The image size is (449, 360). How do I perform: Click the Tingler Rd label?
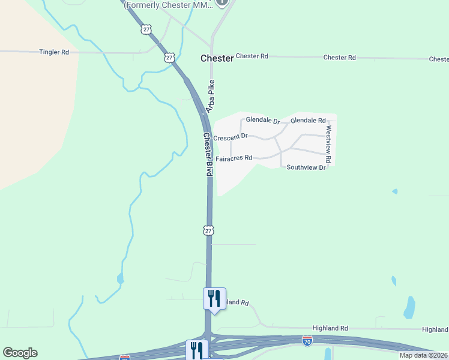point(54,52)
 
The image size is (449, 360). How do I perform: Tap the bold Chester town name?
point(216,58)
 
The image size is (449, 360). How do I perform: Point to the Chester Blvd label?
point(208,154)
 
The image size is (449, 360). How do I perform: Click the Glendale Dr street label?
point(263,121)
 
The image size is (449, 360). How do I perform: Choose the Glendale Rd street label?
point(308,121)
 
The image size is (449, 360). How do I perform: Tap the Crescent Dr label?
point(231,137)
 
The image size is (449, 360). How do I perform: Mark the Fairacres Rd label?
point(234,158)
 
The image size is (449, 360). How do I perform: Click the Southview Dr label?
point(306,167)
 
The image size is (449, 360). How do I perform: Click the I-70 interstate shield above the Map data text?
point(307,340)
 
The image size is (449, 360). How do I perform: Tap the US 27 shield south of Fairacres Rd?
point(208,230)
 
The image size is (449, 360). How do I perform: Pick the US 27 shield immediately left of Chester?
point(169,58)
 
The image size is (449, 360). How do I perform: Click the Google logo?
point(20,352)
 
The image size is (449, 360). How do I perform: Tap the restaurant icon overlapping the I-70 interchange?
point(197,349)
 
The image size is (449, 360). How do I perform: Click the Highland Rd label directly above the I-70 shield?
point(330,328)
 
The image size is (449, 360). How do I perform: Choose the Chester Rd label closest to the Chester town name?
point(252,56)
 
